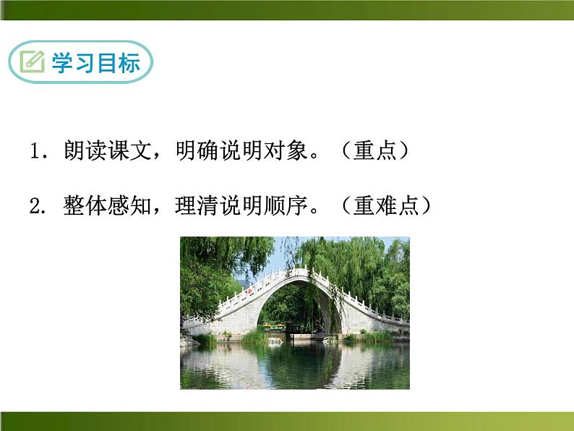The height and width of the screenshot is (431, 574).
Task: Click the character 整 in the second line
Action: [74, 207]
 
